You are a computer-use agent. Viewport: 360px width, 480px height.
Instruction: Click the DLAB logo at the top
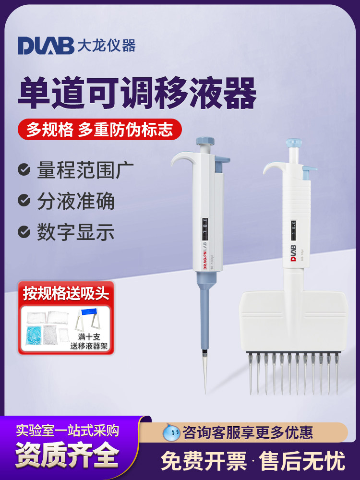[x=46, y=45]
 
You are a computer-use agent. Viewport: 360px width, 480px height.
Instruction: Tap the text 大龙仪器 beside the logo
[x=107, y=45]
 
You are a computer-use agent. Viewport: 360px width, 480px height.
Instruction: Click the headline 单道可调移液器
[x=137, y=94]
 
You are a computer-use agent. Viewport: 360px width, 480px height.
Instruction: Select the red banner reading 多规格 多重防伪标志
[x=99, y=129]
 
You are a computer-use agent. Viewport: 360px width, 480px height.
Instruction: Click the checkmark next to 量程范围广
[x=24, y=170]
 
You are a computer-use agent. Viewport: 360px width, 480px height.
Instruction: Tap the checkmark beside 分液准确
[x=24, y=201]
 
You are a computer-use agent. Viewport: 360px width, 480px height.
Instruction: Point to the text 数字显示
[x=76, y=232]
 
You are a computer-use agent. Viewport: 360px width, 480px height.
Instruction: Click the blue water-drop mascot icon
[x=171, y=432]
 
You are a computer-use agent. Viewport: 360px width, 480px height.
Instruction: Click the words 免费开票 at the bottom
[x=204, y=461]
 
